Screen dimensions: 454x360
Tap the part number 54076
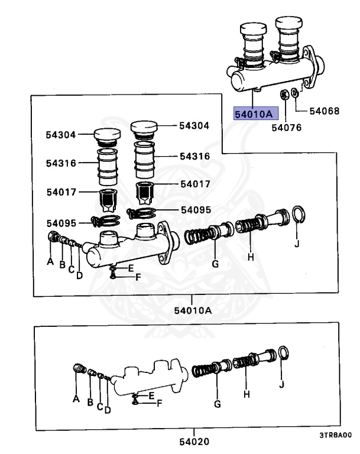[286, 126]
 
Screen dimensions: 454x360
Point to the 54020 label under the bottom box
[195, 441]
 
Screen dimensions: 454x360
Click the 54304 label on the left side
[61, 135]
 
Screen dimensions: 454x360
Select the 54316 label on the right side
[195, 157]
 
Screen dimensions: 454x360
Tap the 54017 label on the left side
[61, 192]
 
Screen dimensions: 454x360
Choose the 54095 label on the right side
[195, 209]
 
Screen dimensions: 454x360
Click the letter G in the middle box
[216, 264]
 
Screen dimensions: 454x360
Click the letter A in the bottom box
[76, 399]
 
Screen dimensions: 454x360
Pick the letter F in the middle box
[138, 276]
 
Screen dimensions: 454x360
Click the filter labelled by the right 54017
[145, 192]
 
